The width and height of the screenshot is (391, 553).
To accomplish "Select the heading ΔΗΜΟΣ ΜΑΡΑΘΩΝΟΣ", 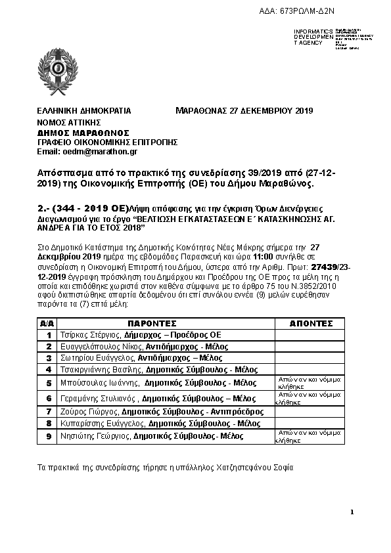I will pos(83,132).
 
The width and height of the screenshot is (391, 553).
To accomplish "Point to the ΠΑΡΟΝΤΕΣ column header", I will pos(152,324).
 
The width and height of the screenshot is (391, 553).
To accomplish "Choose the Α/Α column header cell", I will pos(48,324).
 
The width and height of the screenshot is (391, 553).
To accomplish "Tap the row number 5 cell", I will pos(48,383).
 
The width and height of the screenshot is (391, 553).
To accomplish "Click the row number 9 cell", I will pos(48,435).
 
